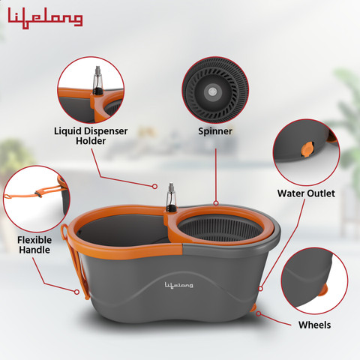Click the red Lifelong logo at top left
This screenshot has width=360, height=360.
coord(45,18)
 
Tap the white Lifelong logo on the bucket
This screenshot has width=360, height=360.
coord(178,285)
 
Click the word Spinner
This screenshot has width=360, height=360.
coord(215,131)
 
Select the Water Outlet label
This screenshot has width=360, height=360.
coord(306,193)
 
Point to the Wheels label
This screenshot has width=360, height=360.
coord(314,325)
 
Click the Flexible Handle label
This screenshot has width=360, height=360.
coord(34,244)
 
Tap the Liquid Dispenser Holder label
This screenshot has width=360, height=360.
coord(91,136)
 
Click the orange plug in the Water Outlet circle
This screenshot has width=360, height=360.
coord(307,149)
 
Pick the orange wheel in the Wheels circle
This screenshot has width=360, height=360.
coord(322,289)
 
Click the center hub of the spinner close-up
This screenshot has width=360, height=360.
coord(213,91)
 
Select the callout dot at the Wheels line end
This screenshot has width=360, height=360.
coord(259,313)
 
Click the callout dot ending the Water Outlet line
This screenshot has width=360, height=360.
coord(260,289)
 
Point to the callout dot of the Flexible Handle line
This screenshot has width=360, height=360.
coord(77,292)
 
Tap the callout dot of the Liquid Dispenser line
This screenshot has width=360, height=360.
coord(154,186)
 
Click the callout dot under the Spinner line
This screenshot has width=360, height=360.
coord(216,203)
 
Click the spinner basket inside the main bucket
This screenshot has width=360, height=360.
coord(220,229)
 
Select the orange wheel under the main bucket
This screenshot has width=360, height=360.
coord(253,307)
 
